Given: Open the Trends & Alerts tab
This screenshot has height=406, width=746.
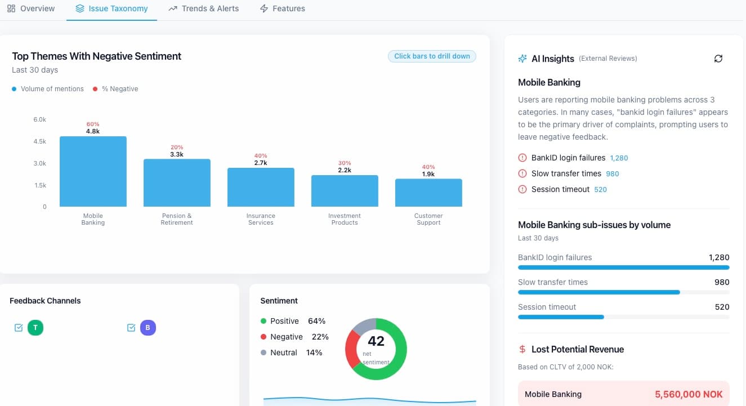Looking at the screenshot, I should point(204,8).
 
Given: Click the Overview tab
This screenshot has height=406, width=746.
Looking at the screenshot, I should point(31,8).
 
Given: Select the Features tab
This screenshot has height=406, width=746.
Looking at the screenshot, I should point(283,8).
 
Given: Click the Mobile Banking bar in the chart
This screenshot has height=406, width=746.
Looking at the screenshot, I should point(93,172).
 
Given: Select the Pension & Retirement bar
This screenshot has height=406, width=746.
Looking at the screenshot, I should point(177,183).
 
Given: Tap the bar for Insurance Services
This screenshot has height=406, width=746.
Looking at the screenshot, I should point(261,188).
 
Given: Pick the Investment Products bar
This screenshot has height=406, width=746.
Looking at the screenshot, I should point(345,191).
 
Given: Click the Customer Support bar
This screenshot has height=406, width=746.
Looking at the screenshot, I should point(428,193).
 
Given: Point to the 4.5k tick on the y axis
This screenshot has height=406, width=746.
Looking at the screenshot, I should point(39,141).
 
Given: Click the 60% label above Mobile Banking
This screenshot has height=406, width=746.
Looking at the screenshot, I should point(93,124).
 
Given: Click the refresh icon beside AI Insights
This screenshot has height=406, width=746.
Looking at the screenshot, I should point(718,59).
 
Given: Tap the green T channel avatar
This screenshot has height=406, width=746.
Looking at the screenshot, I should point(35,328).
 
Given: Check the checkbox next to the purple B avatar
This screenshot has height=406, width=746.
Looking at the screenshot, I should point(131,328).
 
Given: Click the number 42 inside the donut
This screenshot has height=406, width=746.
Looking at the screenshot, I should point(376,341).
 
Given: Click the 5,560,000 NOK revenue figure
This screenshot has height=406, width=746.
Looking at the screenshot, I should point(689,394).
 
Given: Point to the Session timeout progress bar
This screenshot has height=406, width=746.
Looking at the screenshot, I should point(561,317).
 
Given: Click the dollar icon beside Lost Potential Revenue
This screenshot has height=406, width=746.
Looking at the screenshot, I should point(522,350).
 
